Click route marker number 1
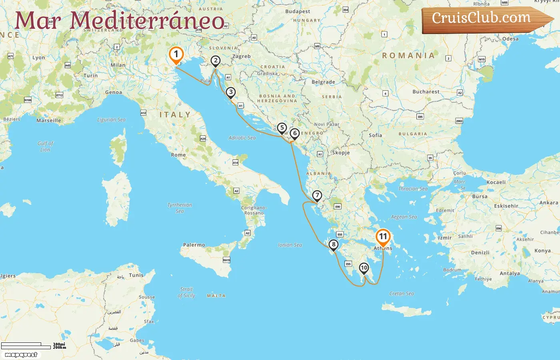(x=176, y=54)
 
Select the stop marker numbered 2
(x=216, y=61)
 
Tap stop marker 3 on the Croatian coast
(x=230, y=92)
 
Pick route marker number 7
(x=317, y=196)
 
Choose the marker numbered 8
(x=333, y=245)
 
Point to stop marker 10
(x=364, y=268)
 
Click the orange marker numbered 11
(x=383, y=237)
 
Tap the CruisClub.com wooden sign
(x=484, y=19)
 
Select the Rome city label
(x=178, y=155)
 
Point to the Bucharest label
(x=426, y=92)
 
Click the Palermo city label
(x=194, y=245)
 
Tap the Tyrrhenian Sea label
(x=180, y=208)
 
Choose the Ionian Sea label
(x=290, y=245)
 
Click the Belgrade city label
(x=323, y=82)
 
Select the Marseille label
(x=49, y=120)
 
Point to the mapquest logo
(x=21, y=355)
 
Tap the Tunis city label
(x=136, y=275)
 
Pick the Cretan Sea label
(x=402, y=294)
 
